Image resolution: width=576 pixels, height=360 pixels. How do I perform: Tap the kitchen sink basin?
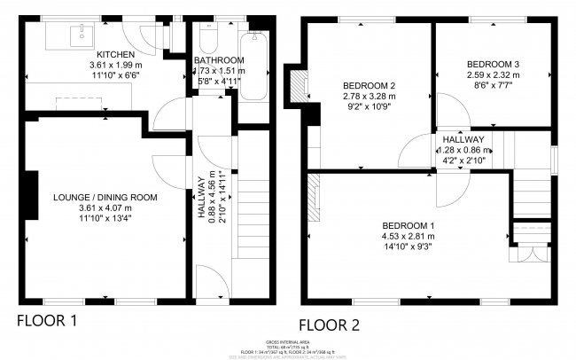(x=82, y=35)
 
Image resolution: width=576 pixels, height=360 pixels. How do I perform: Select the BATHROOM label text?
(x=219, y=60)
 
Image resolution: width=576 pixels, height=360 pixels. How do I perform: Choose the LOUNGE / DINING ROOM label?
(x=105, y=197)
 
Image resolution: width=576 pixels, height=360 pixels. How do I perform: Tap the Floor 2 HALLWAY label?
(x=463, y=139)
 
